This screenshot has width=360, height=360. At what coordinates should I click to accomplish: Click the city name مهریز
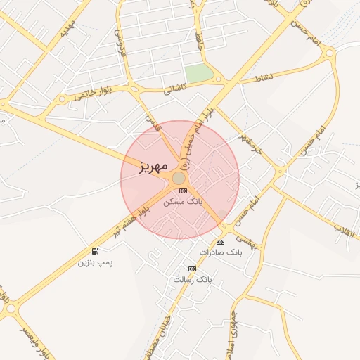145,167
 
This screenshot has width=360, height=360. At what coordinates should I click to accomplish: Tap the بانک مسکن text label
182,201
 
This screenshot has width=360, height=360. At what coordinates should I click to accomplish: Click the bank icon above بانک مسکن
183,191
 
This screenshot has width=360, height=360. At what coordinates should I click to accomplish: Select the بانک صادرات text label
220,252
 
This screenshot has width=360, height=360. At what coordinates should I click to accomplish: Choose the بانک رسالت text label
191,279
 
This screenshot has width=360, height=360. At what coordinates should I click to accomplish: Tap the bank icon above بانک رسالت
192,269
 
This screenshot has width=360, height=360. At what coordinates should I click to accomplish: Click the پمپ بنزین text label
95,262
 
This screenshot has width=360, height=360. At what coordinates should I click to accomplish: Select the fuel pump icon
95,251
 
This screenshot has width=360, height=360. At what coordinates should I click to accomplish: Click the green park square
199,73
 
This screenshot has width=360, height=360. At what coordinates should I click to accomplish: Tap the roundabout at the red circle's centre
179,179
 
